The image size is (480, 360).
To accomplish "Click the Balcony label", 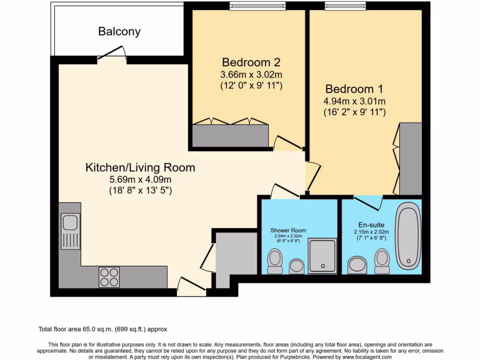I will tap(119, 32).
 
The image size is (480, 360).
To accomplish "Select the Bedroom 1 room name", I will tap(354, 89).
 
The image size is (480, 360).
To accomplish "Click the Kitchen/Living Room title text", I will tap(140, 167).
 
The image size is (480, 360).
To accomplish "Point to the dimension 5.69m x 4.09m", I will tap(140, 179).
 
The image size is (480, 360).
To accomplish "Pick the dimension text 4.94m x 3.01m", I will tap(354, 101).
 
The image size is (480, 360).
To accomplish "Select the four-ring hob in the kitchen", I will tap(109, 277).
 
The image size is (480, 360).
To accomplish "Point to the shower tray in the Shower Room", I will tap(322, 255).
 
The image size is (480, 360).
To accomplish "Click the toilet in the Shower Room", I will tap(274, 261).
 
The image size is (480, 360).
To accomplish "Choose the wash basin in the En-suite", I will tap(358, 265).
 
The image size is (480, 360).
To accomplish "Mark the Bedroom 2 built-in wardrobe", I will tap(230, 135).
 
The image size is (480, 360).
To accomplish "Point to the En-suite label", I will tap(368, 225).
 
